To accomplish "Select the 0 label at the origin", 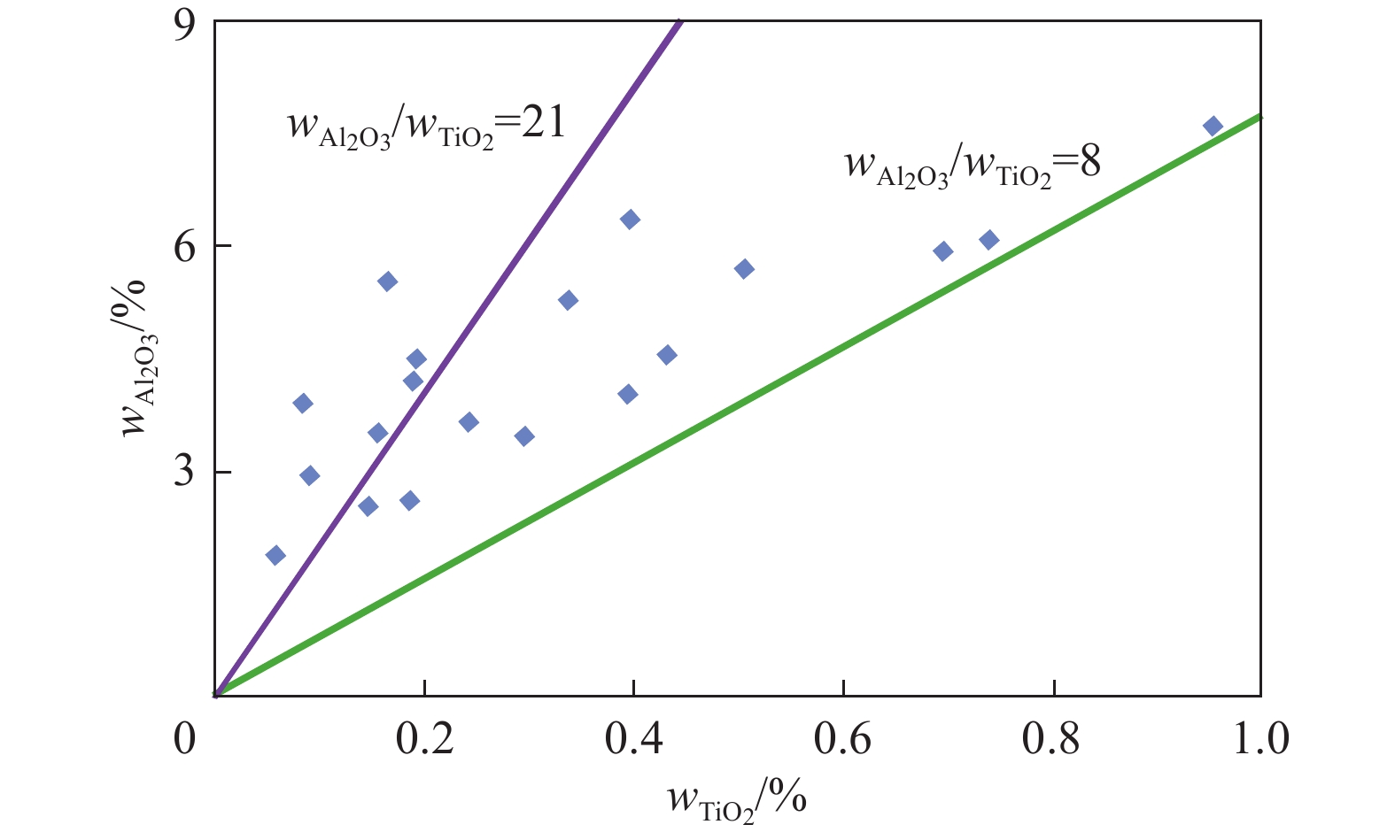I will [184, 738].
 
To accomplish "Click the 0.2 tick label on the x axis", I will [424, 738].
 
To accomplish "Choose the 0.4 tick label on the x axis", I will [634, 738].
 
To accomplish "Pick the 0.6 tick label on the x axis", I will [843, 738].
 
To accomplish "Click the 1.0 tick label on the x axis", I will [1260, 738].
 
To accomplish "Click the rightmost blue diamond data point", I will [1213, 126].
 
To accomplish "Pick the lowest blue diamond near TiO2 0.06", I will [275, 555].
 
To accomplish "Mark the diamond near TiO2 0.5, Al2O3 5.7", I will [744, 268].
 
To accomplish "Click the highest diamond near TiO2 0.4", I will [630, 220].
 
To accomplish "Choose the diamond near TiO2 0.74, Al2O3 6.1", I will [989, 240].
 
